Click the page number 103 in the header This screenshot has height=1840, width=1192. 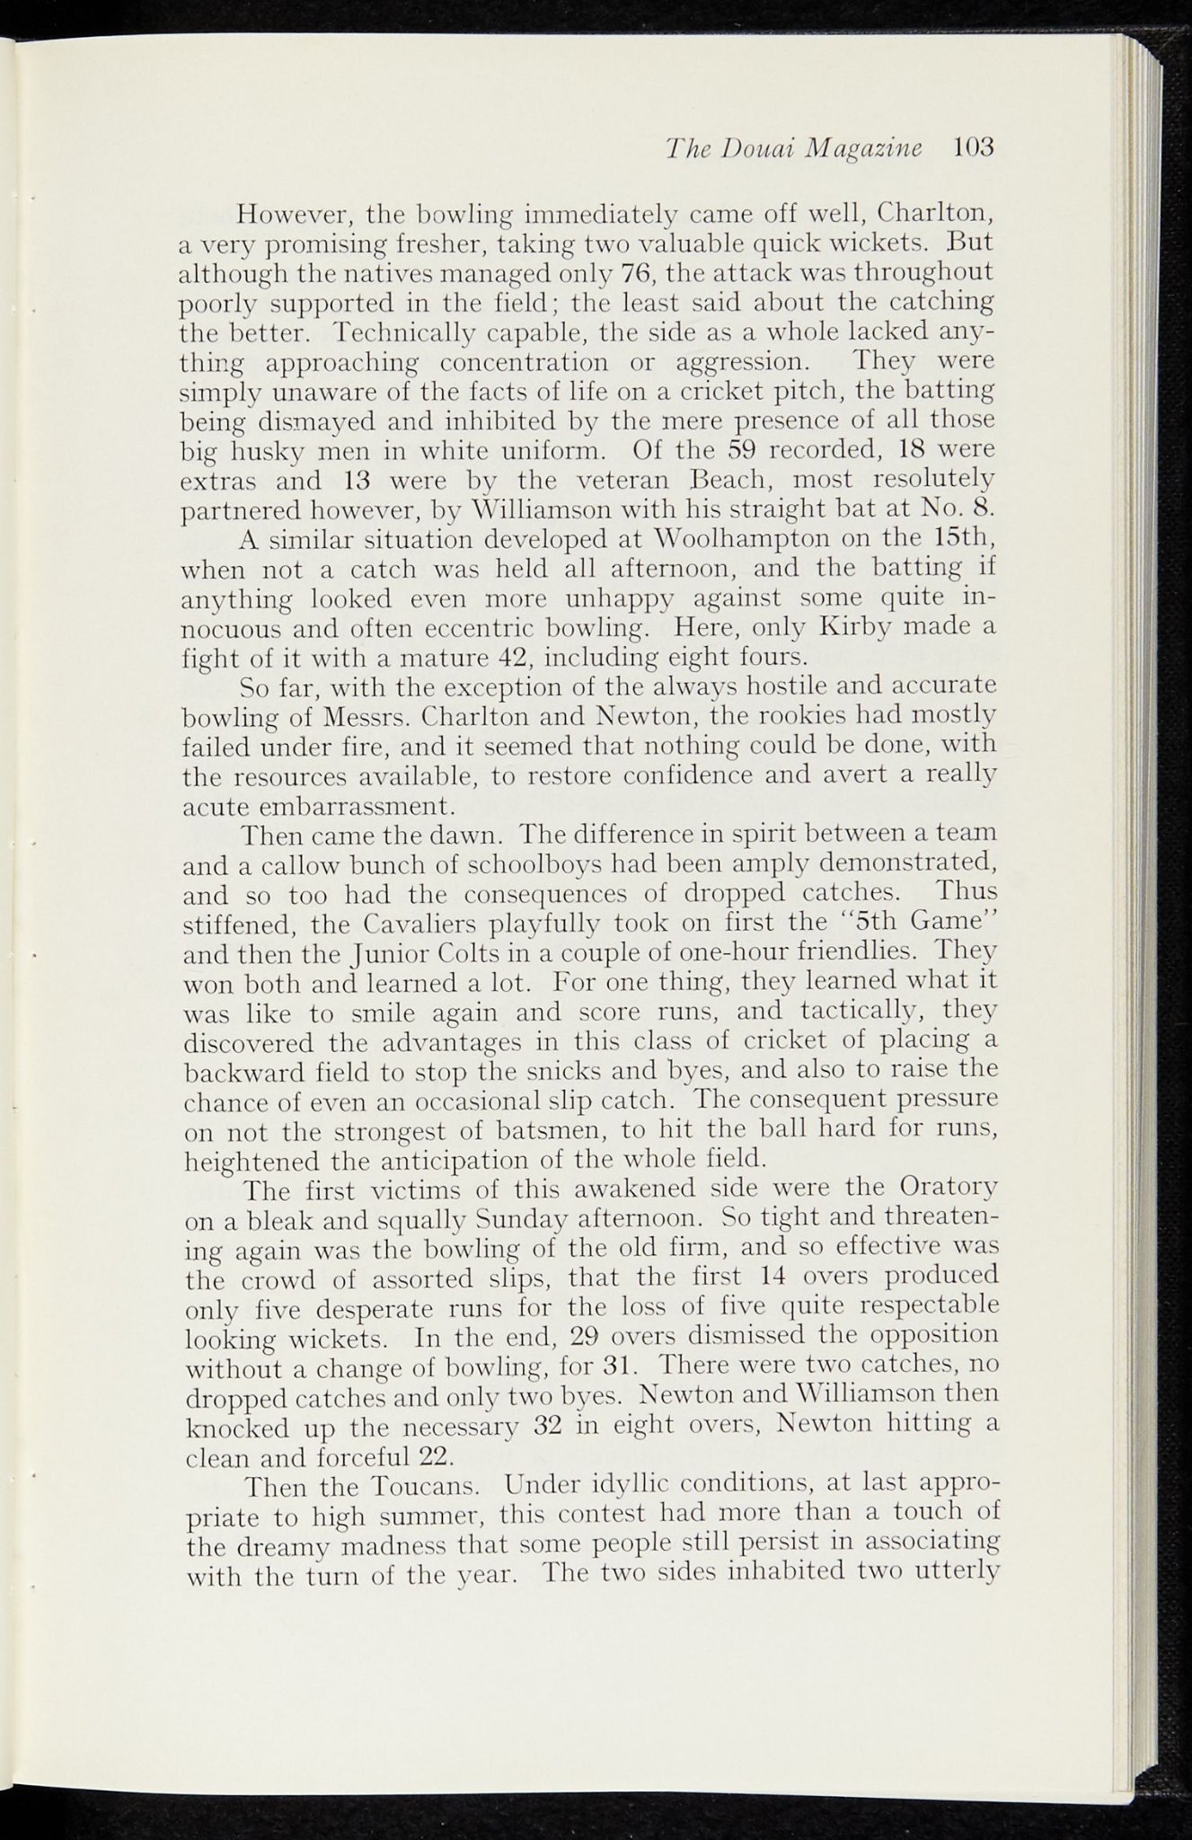(x=975, y=147)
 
